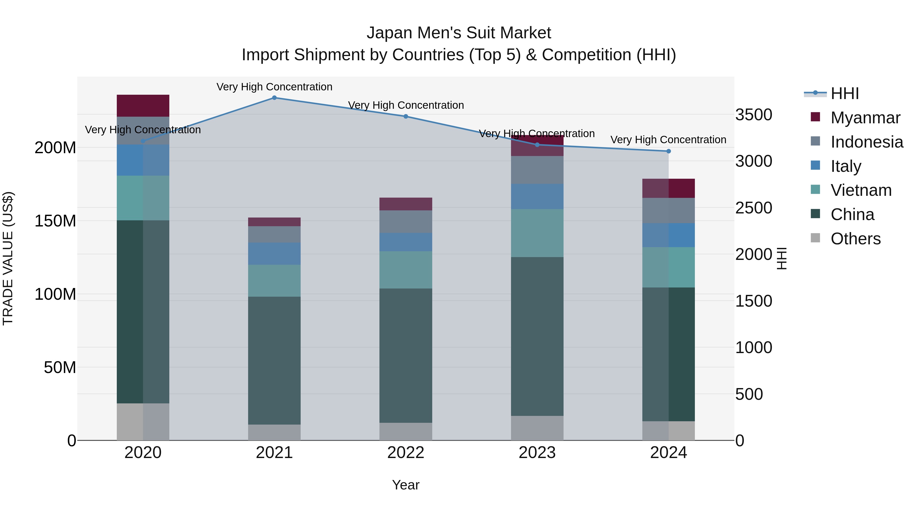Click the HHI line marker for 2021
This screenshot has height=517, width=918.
[274, 98]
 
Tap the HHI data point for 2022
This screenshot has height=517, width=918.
[405, 117]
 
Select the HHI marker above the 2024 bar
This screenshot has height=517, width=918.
[669, 151]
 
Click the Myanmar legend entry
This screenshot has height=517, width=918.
[865, 118]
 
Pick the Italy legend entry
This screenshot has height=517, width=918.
[845, 166]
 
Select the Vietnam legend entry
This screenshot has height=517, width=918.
[861, 190]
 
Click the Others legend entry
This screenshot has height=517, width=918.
[855, 239]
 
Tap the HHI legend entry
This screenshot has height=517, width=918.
[844, 93]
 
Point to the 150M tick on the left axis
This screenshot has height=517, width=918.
[55, 221]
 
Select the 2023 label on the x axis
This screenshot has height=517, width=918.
[537, 453]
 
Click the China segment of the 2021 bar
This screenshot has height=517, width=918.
[274, 360]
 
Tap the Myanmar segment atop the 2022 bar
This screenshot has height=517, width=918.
[405, 204]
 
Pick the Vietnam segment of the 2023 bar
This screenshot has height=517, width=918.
[537, 233]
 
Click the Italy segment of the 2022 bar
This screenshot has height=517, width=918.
[405, 242]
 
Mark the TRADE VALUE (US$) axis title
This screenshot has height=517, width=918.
[8, 258]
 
